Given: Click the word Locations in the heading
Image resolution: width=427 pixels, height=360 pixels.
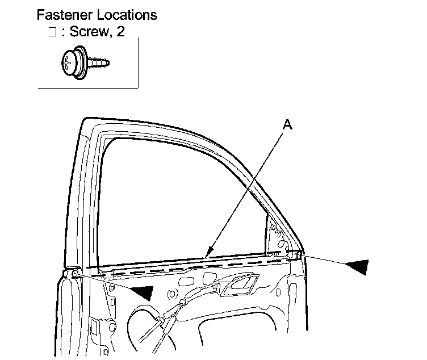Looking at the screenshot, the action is [128, 15].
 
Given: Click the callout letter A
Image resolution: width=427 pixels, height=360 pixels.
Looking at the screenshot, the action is [288, 125].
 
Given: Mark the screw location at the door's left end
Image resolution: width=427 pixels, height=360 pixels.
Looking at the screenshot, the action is [74, 275].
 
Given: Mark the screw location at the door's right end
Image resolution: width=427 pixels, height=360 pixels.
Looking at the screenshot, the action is [298, 255].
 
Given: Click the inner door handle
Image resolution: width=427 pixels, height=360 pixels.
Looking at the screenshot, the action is [239, 284].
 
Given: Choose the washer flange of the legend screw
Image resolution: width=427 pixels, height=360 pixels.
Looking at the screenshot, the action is [79, 63].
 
